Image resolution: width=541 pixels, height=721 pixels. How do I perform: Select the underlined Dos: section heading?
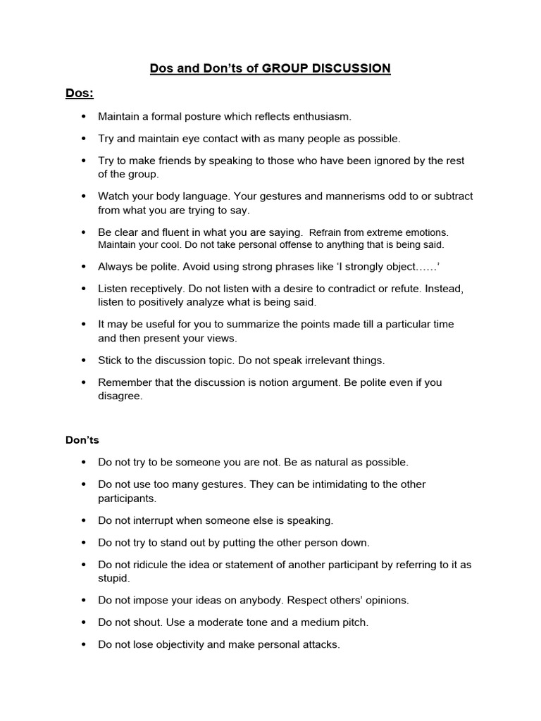tap(80, 93)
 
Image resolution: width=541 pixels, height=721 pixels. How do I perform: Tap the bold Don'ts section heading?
tap(82, 440)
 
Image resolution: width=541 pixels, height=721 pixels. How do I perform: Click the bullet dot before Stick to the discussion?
tap(84, 360)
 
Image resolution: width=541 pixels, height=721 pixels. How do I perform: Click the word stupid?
tap(113, 578)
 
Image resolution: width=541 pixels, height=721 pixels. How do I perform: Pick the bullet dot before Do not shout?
tap(84, 623)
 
